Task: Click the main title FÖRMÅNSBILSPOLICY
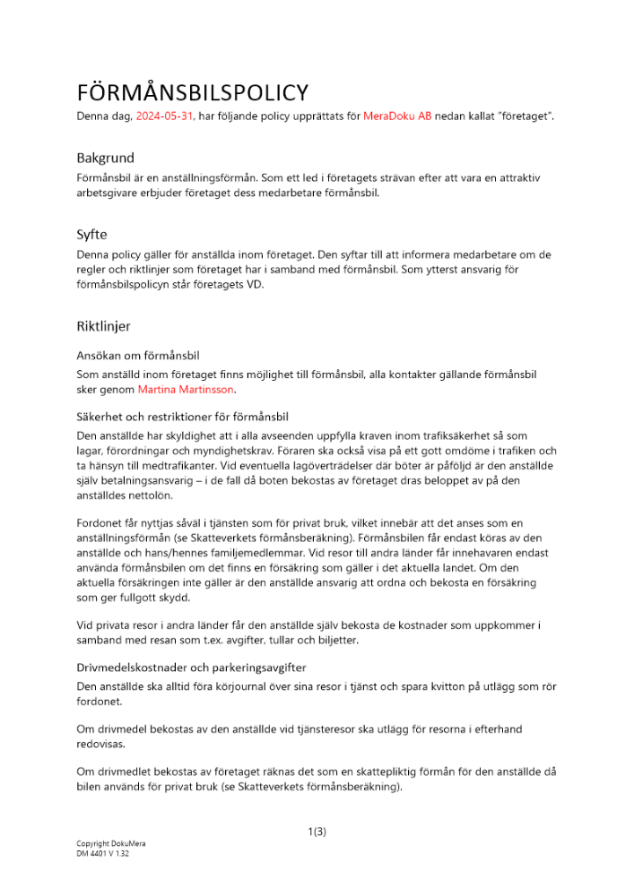(x=193, y=92)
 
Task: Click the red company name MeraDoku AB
(x=397, y=116)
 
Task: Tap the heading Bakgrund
(x=105, y=158)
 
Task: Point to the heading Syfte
(x=91, y=235)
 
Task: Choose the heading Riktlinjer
(x=103, y=326)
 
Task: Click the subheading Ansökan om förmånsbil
(x=137, y=356)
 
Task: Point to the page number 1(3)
(x=317, y=831)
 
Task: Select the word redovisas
(x=101, y=745)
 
